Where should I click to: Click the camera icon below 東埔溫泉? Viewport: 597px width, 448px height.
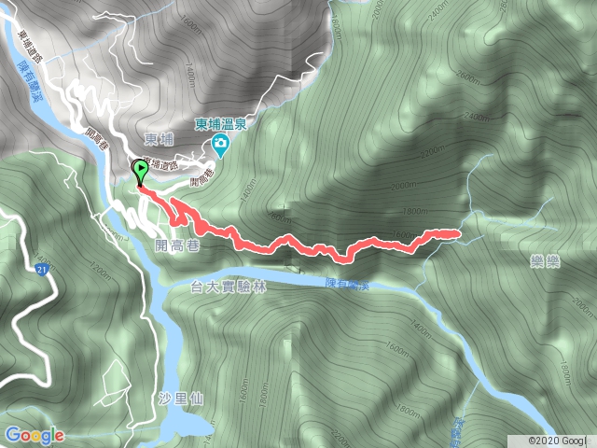tap(220, 144)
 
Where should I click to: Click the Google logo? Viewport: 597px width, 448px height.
tap(34, 435)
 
